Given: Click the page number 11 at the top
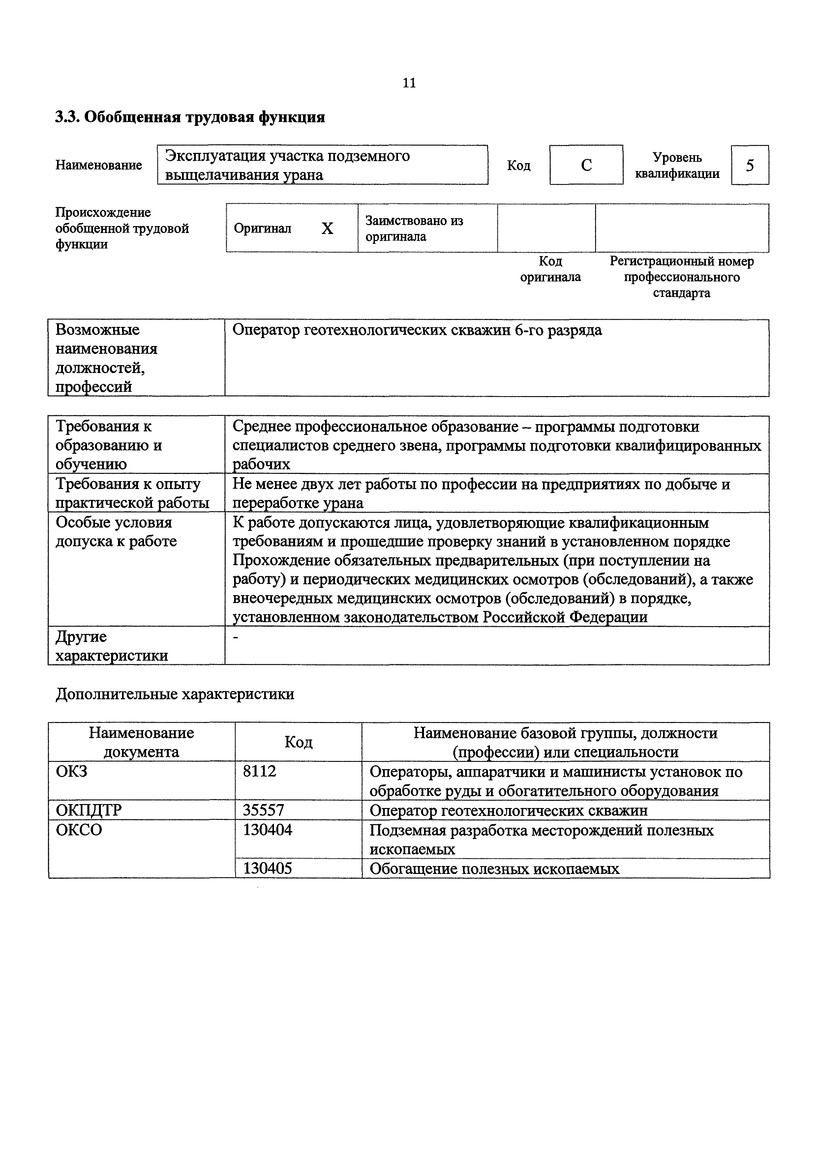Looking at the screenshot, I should [409, 83].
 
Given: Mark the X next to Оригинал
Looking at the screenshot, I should [327, 229].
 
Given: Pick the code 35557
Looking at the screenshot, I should [263, 810].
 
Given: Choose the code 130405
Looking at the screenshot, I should [267, 869].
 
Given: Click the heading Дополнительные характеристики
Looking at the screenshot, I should [175, 694].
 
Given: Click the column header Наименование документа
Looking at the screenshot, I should [141, 742].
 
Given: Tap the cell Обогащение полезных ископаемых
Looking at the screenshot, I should [494, 869].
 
